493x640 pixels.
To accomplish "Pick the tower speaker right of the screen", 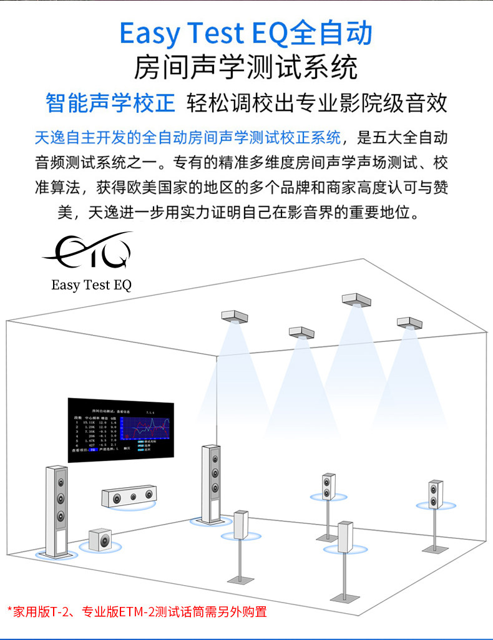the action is coord(212,483).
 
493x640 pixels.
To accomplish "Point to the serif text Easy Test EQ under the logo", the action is coord(92,286).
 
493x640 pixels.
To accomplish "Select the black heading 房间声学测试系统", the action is coord(246,67).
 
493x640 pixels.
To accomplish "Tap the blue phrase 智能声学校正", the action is coord(110,103).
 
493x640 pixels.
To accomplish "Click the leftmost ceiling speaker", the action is coord(235,316).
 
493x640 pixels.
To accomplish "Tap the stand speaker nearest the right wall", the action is coord(436,494).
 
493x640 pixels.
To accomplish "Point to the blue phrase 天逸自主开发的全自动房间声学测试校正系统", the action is coord(188,137).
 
